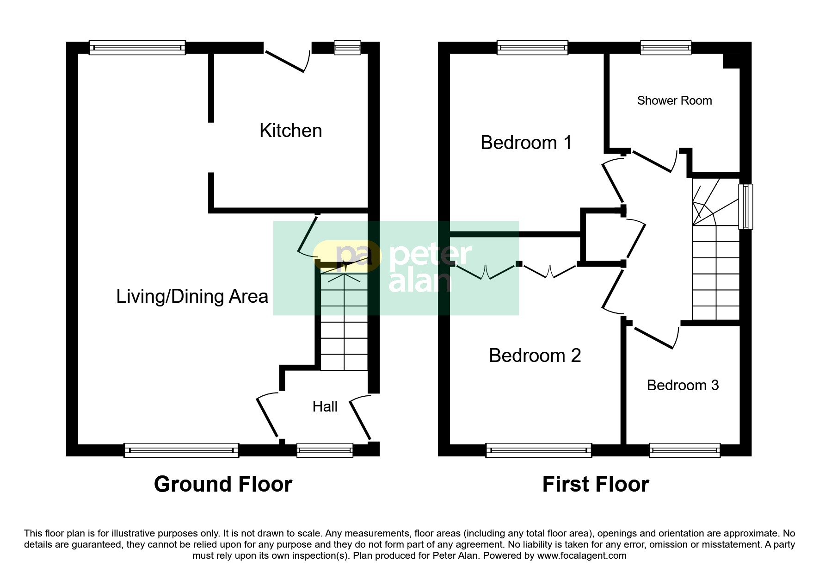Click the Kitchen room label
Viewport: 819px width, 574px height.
[290, 131]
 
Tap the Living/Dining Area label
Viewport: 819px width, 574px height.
[192, 296]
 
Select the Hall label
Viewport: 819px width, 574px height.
[325, 406]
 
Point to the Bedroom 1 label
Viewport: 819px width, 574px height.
[526, 143]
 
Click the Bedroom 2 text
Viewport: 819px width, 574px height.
[535, 356]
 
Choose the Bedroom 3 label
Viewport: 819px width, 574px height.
[683, 385]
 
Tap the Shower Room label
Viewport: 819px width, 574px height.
[674, 100]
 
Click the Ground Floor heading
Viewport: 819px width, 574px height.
[223, 484]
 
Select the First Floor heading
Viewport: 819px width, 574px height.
[595, 484]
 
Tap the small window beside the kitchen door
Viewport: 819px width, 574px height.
[347, 47]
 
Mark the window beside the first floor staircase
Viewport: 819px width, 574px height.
[745, 206]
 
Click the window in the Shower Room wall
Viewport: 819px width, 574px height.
[665, 47]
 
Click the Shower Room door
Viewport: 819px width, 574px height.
[652, 161]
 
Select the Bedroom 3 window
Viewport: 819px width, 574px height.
[684, 450]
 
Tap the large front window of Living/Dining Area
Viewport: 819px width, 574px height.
[181, 450]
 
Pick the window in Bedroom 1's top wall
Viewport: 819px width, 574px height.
[532, 47]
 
